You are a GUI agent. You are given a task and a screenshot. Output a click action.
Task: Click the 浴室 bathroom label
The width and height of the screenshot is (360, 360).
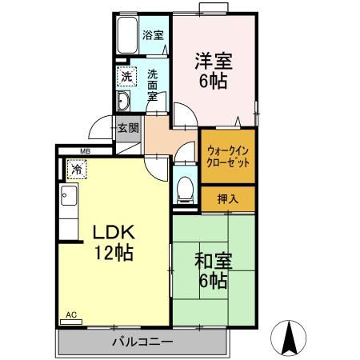(x=153, y=35)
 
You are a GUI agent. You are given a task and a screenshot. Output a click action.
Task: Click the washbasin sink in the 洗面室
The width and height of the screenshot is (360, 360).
(x=125, y=101)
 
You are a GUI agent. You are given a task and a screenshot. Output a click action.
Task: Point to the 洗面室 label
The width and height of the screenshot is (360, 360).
(x=153, y=84)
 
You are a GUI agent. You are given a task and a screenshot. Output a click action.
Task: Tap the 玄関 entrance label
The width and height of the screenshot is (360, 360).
(x=128, y=127)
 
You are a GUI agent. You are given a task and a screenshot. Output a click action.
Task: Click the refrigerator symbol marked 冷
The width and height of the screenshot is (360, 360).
(x=76, y=170)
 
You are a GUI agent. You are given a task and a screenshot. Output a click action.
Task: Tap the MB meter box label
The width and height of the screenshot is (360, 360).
(x=85, y=150)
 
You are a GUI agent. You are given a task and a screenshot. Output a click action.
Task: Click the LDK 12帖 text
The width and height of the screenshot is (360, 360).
(x=114, y=242)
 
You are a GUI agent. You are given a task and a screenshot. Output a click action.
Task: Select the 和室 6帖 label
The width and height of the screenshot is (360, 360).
(x=211, y=270)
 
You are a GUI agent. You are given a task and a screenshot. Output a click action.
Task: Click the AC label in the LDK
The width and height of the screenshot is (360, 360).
(x=70, y=314)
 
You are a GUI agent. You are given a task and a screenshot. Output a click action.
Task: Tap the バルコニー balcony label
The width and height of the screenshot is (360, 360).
(x=142, y=342)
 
